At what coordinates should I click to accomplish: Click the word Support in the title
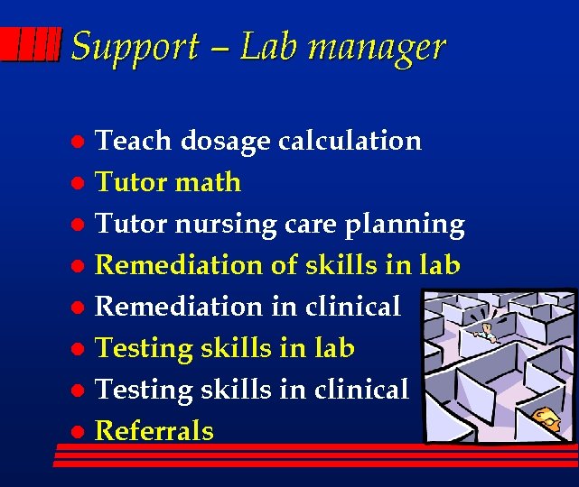[134, 47]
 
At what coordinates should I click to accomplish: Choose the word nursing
[224, 225]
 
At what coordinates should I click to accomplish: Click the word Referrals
[154, 431]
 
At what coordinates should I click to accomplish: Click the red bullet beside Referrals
[79, 432]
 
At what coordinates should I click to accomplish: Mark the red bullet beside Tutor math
[79, 183]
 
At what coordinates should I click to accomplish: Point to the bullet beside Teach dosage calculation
[79, 142]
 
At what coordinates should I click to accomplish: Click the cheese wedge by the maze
[545, 418]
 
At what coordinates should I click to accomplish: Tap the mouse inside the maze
[490, 330]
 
